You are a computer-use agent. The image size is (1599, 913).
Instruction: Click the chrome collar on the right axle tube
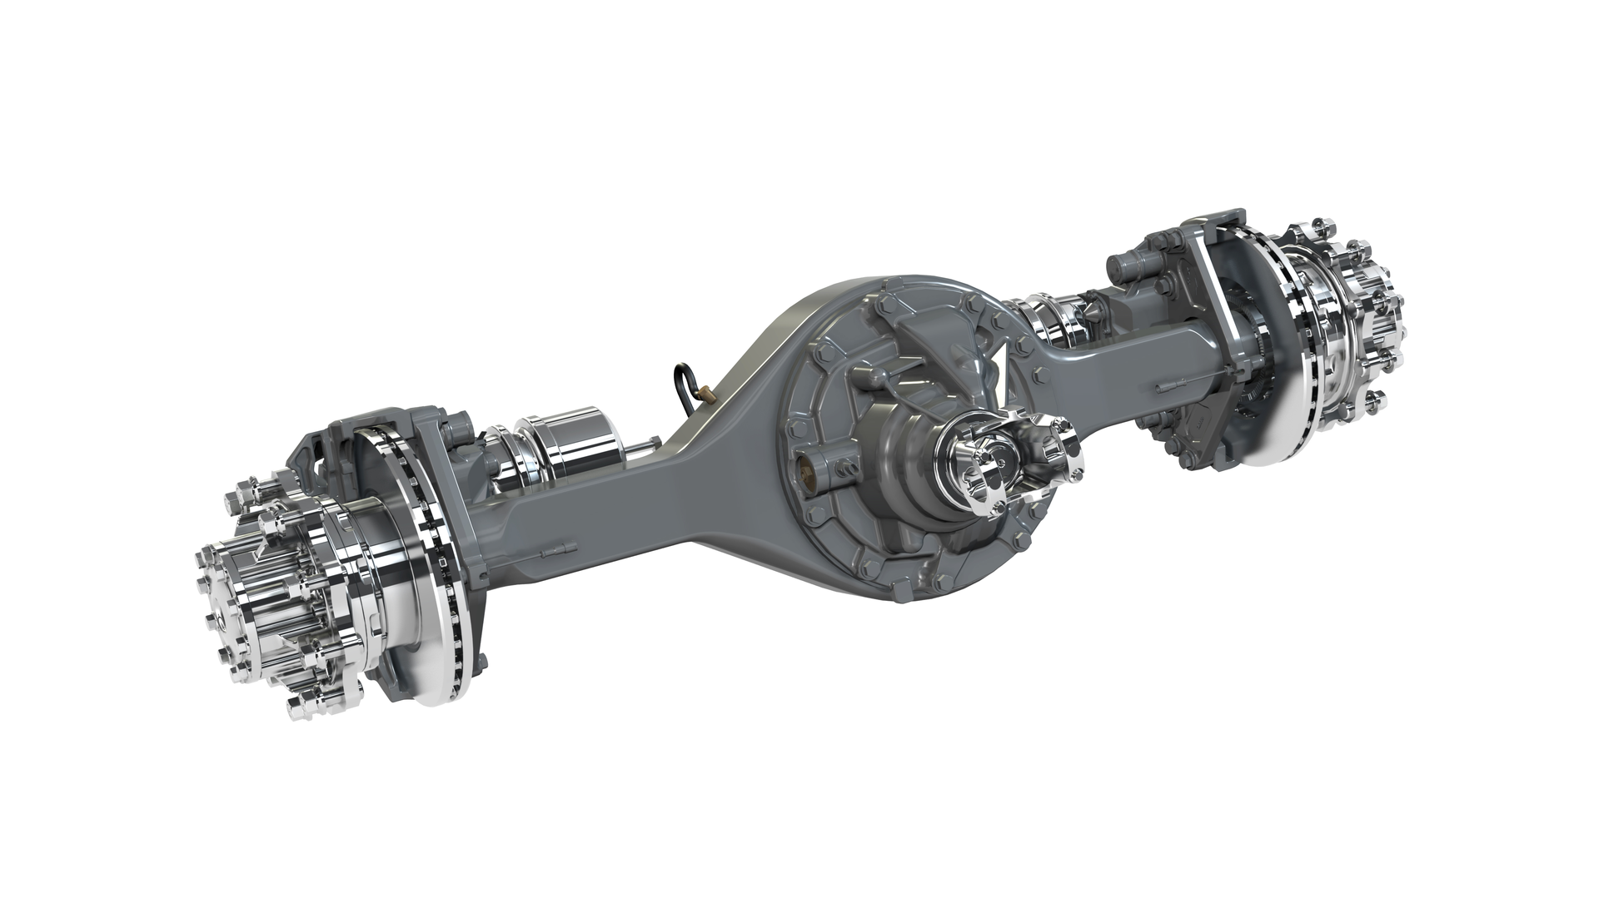coord(1051,320)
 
